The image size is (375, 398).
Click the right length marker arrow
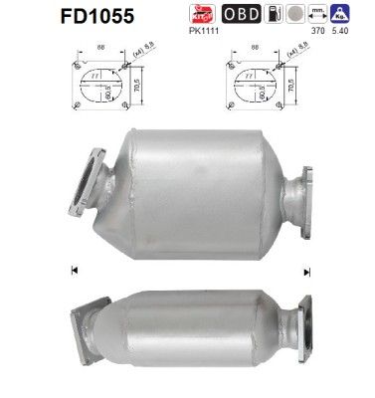tap(308, 270)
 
